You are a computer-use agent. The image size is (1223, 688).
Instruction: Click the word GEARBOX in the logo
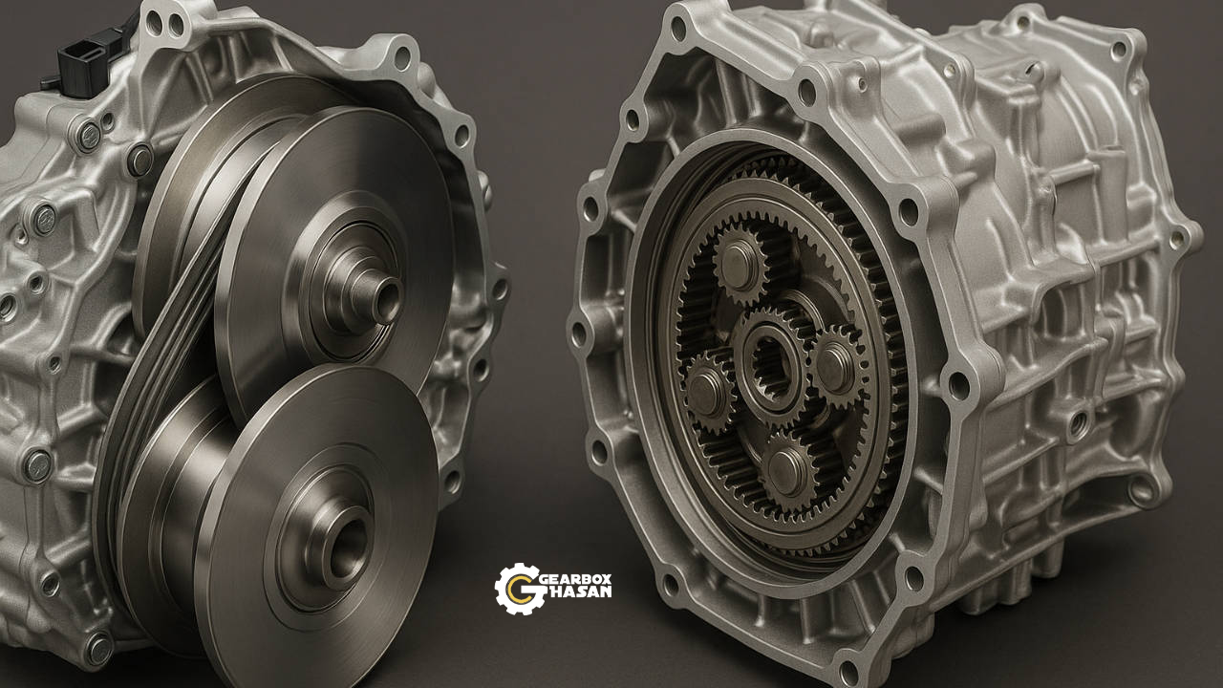[575, 579]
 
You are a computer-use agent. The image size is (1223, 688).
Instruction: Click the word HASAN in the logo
[579, 591]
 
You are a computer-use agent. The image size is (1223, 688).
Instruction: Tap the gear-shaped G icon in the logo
[519, 590]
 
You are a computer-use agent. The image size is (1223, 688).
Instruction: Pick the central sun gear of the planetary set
[771, 361]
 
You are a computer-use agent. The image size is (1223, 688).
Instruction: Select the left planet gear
[708, 392]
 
